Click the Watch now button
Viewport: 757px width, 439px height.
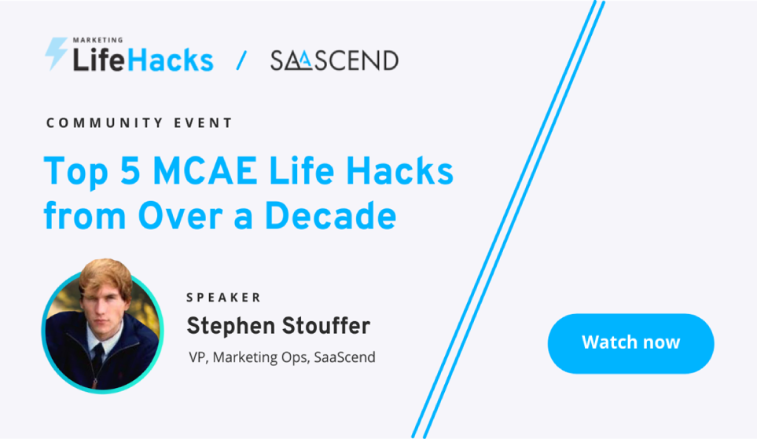pyautogui.click(x=630, y=343)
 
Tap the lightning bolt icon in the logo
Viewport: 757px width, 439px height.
pyautogui.click(x=56, y=53)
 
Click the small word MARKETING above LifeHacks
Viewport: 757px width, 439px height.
pyautogui.click(x=98, y=40)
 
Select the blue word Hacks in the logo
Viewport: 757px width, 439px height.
pyautogui.click(x=171, y=60)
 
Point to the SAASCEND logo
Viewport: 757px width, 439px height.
pyautogui.click(x=334, y=60)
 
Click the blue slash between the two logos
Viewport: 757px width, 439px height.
pyautogui.click(x=241, y=60)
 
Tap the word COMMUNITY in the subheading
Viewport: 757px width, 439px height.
pyautogui.click(x=98, y=123)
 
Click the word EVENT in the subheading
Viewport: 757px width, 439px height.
pyautogui.click(x=204, y=123)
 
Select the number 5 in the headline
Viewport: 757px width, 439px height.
pyautogui.click(x=130, y=170)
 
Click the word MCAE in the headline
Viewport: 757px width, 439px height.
pyautogui.click(x=205, y=170)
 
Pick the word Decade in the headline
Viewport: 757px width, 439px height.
pyautogui.click(x=331, y=215)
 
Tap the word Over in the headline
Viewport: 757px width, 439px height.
pyautogui.click(x=181, y=215)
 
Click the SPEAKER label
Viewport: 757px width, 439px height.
pyautogui.click(x=223, y=298)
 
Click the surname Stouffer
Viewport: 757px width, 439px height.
pyautogui.click(x=326, y=326)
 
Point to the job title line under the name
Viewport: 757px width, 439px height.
pyautogui.click(x=282, y=357)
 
